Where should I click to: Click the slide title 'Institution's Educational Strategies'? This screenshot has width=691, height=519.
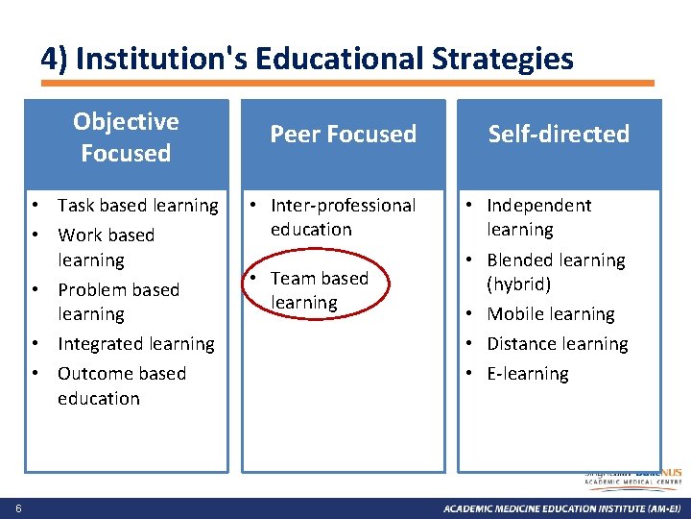(307, 60)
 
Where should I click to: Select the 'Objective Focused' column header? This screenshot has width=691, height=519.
(126, 137)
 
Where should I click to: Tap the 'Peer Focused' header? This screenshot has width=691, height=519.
(343, 135)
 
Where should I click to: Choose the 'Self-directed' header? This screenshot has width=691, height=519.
(558, 135)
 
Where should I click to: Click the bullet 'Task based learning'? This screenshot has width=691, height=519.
(137, 206)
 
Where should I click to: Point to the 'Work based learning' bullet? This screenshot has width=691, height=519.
(106, 247)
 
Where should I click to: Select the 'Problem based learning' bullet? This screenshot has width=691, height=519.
(118, 302)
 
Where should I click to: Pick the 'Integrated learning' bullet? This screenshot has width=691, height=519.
(135, 344)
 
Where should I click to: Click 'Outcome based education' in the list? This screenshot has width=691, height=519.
(121, 385)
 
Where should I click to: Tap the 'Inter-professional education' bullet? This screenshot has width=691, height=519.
(343, 217)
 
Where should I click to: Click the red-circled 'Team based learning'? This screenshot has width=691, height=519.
(319, 290)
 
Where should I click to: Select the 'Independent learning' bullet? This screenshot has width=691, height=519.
(538, 217)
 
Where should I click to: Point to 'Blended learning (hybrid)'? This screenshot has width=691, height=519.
(555, 272)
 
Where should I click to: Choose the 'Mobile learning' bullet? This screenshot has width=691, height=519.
(550, 314)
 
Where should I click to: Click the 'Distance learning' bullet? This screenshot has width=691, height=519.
(557, 344)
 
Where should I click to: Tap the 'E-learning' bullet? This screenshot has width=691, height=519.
(527, 374)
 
